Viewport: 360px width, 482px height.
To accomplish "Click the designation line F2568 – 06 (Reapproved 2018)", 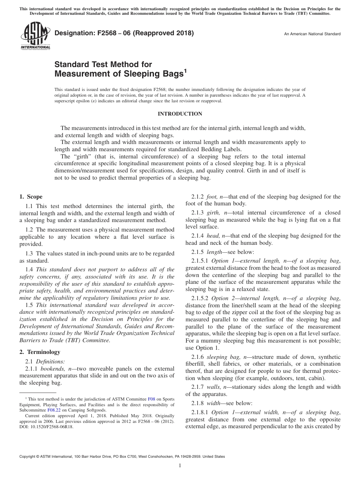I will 124,33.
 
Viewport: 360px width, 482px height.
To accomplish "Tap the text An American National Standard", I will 312,34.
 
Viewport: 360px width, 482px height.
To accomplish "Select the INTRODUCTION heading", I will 180,114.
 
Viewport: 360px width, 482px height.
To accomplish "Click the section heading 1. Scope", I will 31,197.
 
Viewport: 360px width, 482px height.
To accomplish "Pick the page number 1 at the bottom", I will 180,466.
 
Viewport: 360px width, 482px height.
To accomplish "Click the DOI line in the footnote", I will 46,426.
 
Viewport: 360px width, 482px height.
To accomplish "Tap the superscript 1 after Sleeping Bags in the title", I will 185,70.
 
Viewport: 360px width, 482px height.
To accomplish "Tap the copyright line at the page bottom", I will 122,457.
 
